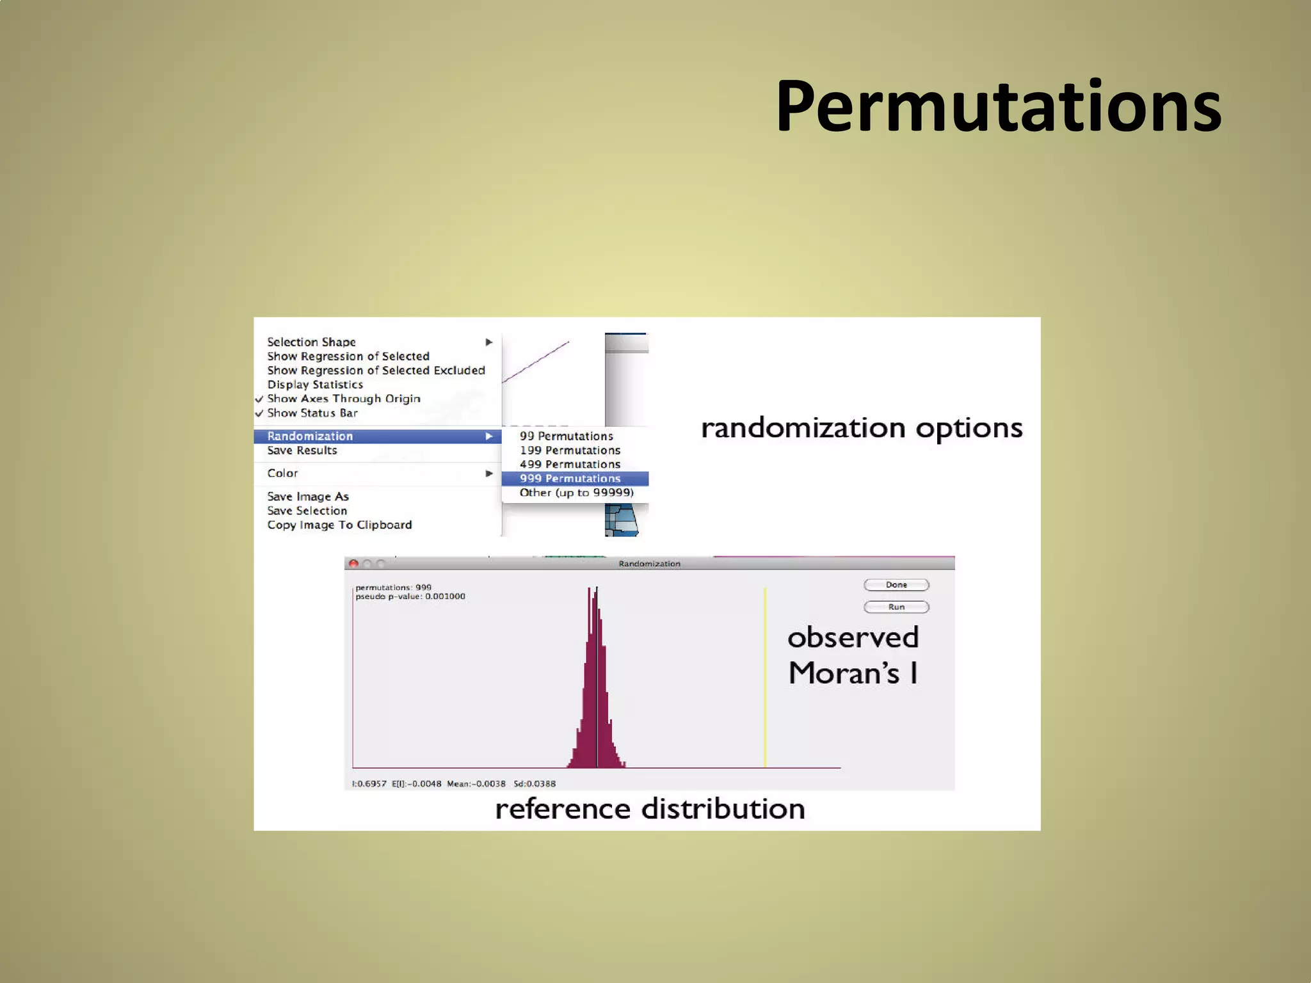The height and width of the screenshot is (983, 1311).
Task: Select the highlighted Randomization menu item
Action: click(x=310, y=436)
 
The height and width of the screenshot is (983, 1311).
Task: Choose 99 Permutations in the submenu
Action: click(x=566, y=436)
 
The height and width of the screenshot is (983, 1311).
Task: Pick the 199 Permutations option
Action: click(x=570, y=451)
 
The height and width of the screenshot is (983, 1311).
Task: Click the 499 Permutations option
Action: click(x=570, y=465)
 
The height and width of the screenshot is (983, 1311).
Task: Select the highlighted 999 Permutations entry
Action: click(x=570, y=479)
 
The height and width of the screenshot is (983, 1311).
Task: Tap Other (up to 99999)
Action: click(x=576, y=493)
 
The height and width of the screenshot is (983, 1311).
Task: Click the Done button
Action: click(x=896, y=585)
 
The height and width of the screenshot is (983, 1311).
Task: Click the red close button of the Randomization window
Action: click(x=353, y=564)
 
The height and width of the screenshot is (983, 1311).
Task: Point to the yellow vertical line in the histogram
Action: click(x=765, y=678)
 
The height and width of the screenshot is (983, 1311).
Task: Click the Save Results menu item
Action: click(x=302, y=451)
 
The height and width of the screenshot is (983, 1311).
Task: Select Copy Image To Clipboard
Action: click(x=339, y=525)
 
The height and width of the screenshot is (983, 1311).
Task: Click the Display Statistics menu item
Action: click(x=315, y=385)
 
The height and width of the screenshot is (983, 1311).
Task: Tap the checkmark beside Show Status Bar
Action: click(x=259, y=413)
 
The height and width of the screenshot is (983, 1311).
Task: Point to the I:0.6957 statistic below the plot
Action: click(x=369, y=784)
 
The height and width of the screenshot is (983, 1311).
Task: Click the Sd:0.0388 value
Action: click(x=535, y=784)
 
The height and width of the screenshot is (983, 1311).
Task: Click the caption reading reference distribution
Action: click(x=650, y=809)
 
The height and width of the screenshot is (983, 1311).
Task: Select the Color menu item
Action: click(x=282, y=474)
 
